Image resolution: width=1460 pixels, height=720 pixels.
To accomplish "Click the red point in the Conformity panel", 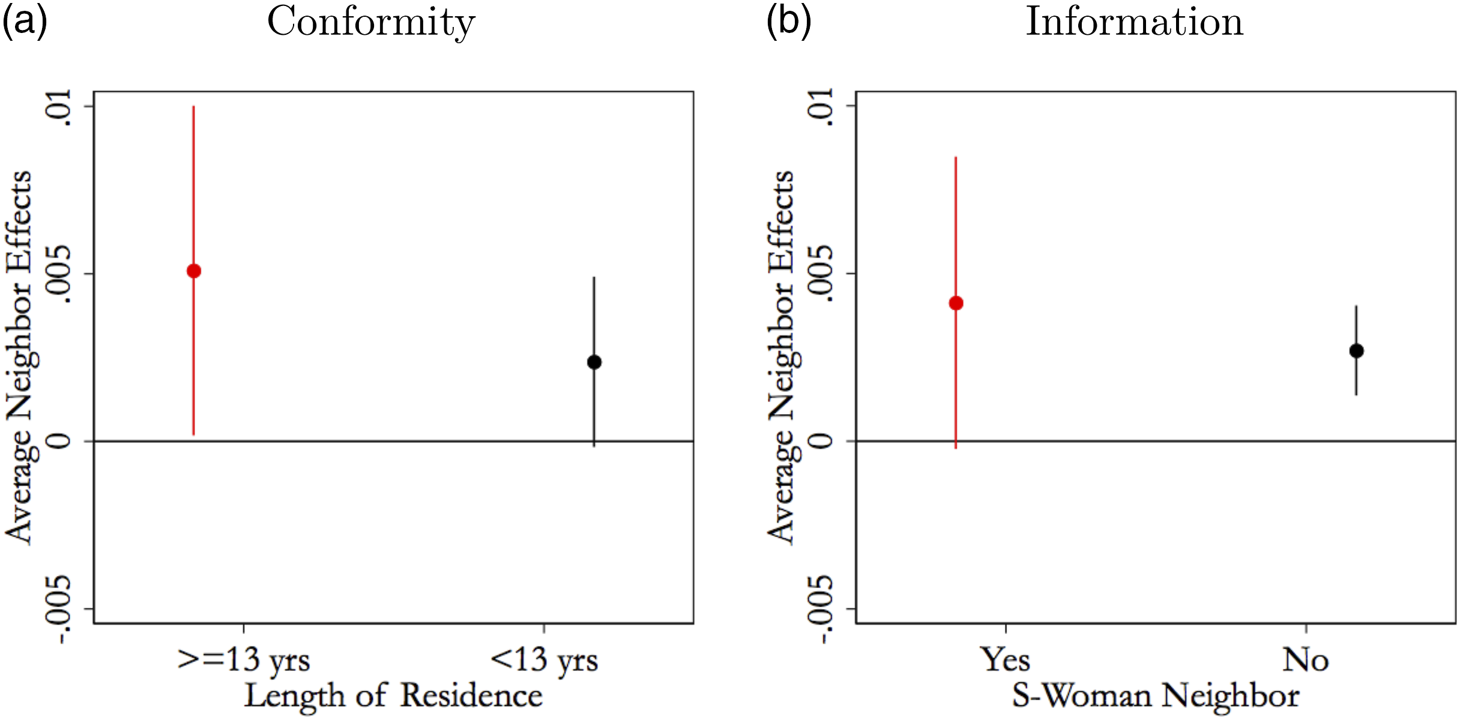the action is pyautogui.click(x=193, y=271).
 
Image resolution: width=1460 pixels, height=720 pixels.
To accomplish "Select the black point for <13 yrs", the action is pyautogui.click(x=594, y=362).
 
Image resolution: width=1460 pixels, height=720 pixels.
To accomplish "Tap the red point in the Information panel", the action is pyautogui.click(x=956, y=303).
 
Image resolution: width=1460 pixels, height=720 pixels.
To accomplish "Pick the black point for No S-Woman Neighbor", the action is pyautogui.click(x=1356, y=351).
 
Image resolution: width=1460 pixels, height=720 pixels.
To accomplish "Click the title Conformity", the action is pyautogui.click(x=371, y=22).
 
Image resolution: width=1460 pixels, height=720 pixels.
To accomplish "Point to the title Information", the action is pyautogui.click(x=1134, y=22).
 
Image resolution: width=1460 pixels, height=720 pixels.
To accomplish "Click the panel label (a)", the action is pyautogui.click(x=25, y=22).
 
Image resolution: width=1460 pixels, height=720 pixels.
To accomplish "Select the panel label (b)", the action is pyautogui.click(x=789, y=22).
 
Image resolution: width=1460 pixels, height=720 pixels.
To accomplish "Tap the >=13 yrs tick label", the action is pyautogui.click(x=244, y=661).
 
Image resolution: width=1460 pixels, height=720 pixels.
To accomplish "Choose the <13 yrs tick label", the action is pyautogui.click(x=544, y=661).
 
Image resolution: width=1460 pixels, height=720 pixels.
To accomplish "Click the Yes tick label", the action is pyautogui.click(x=1006, y=659).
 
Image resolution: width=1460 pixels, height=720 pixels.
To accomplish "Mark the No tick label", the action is pyautogui.click(x=1305, y=659).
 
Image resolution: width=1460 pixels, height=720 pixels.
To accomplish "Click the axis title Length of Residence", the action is pyautogui.click(x=393, y=696).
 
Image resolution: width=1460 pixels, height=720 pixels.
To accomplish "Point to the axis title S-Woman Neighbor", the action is pyautogui.click(x=1156, y=696).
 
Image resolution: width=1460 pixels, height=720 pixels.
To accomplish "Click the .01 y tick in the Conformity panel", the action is pyautogui.click(x=59, y=107).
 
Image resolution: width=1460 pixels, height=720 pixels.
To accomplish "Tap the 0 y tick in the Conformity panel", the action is pyautogui.click(x=59, y=441).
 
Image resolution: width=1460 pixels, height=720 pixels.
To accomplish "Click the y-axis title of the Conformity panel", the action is pyautogui.click(x=19, y=358).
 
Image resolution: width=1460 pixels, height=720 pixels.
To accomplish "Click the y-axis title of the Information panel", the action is pyautogui.click(x=782, y=358).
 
